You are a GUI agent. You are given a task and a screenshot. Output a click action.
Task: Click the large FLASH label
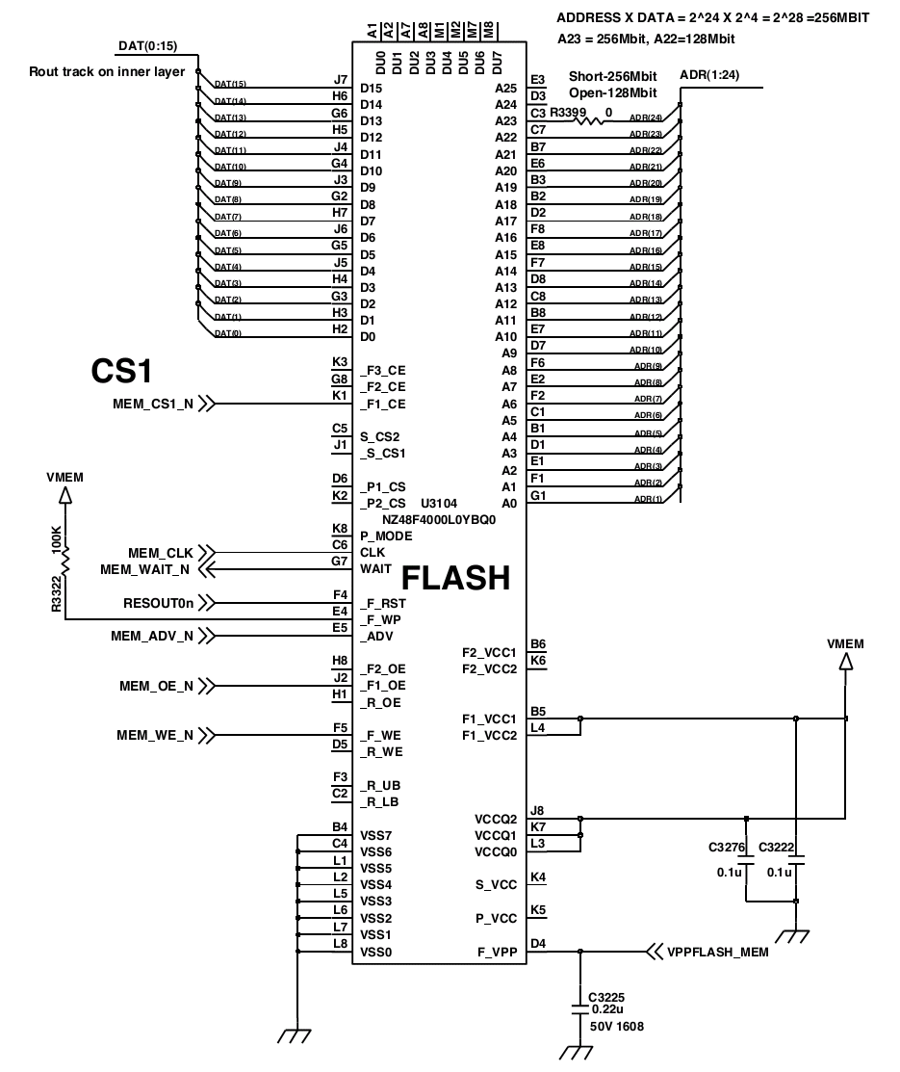tap(456, 578)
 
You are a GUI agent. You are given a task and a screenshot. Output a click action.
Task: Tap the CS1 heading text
tap(121, 371)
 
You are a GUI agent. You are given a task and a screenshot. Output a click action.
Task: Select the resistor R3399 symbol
tap(588, 121)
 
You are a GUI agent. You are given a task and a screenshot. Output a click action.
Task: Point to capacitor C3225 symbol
tap(580, 1009)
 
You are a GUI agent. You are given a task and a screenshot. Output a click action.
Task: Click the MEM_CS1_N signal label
tap(153, 405)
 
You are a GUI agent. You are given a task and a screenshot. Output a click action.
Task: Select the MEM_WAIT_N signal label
tap(145, 569)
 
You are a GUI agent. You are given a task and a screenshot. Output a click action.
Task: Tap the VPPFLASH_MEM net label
tap(717, 952)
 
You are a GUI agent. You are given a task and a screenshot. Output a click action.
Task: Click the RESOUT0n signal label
tap(159, 603)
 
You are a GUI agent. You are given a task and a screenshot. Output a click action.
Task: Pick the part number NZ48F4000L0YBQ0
tap(439, 519)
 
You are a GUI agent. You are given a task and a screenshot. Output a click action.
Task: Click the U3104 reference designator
tap(439, 503)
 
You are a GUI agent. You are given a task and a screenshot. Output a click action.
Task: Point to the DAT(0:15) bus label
tap(147, 46)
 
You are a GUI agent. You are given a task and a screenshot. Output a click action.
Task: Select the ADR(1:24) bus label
tap(709, 74)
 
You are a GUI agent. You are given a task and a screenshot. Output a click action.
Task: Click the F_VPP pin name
tap(497, 952)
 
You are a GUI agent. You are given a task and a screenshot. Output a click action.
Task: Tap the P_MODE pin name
tap(386, 536)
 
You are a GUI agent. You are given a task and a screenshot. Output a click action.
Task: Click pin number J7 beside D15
tap(341, 79)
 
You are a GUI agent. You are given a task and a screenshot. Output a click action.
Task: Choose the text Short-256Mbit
tap(613, 76)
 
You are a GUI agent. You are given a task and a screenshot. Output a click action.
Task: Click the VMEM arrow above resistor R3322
tap(65, 496)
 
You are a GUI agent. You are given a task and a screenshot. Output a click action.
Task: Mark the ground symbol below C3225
tap(576, 1052)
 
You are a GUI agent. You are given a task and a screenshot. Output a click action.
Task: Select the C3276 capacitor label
tap(727, 847)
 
